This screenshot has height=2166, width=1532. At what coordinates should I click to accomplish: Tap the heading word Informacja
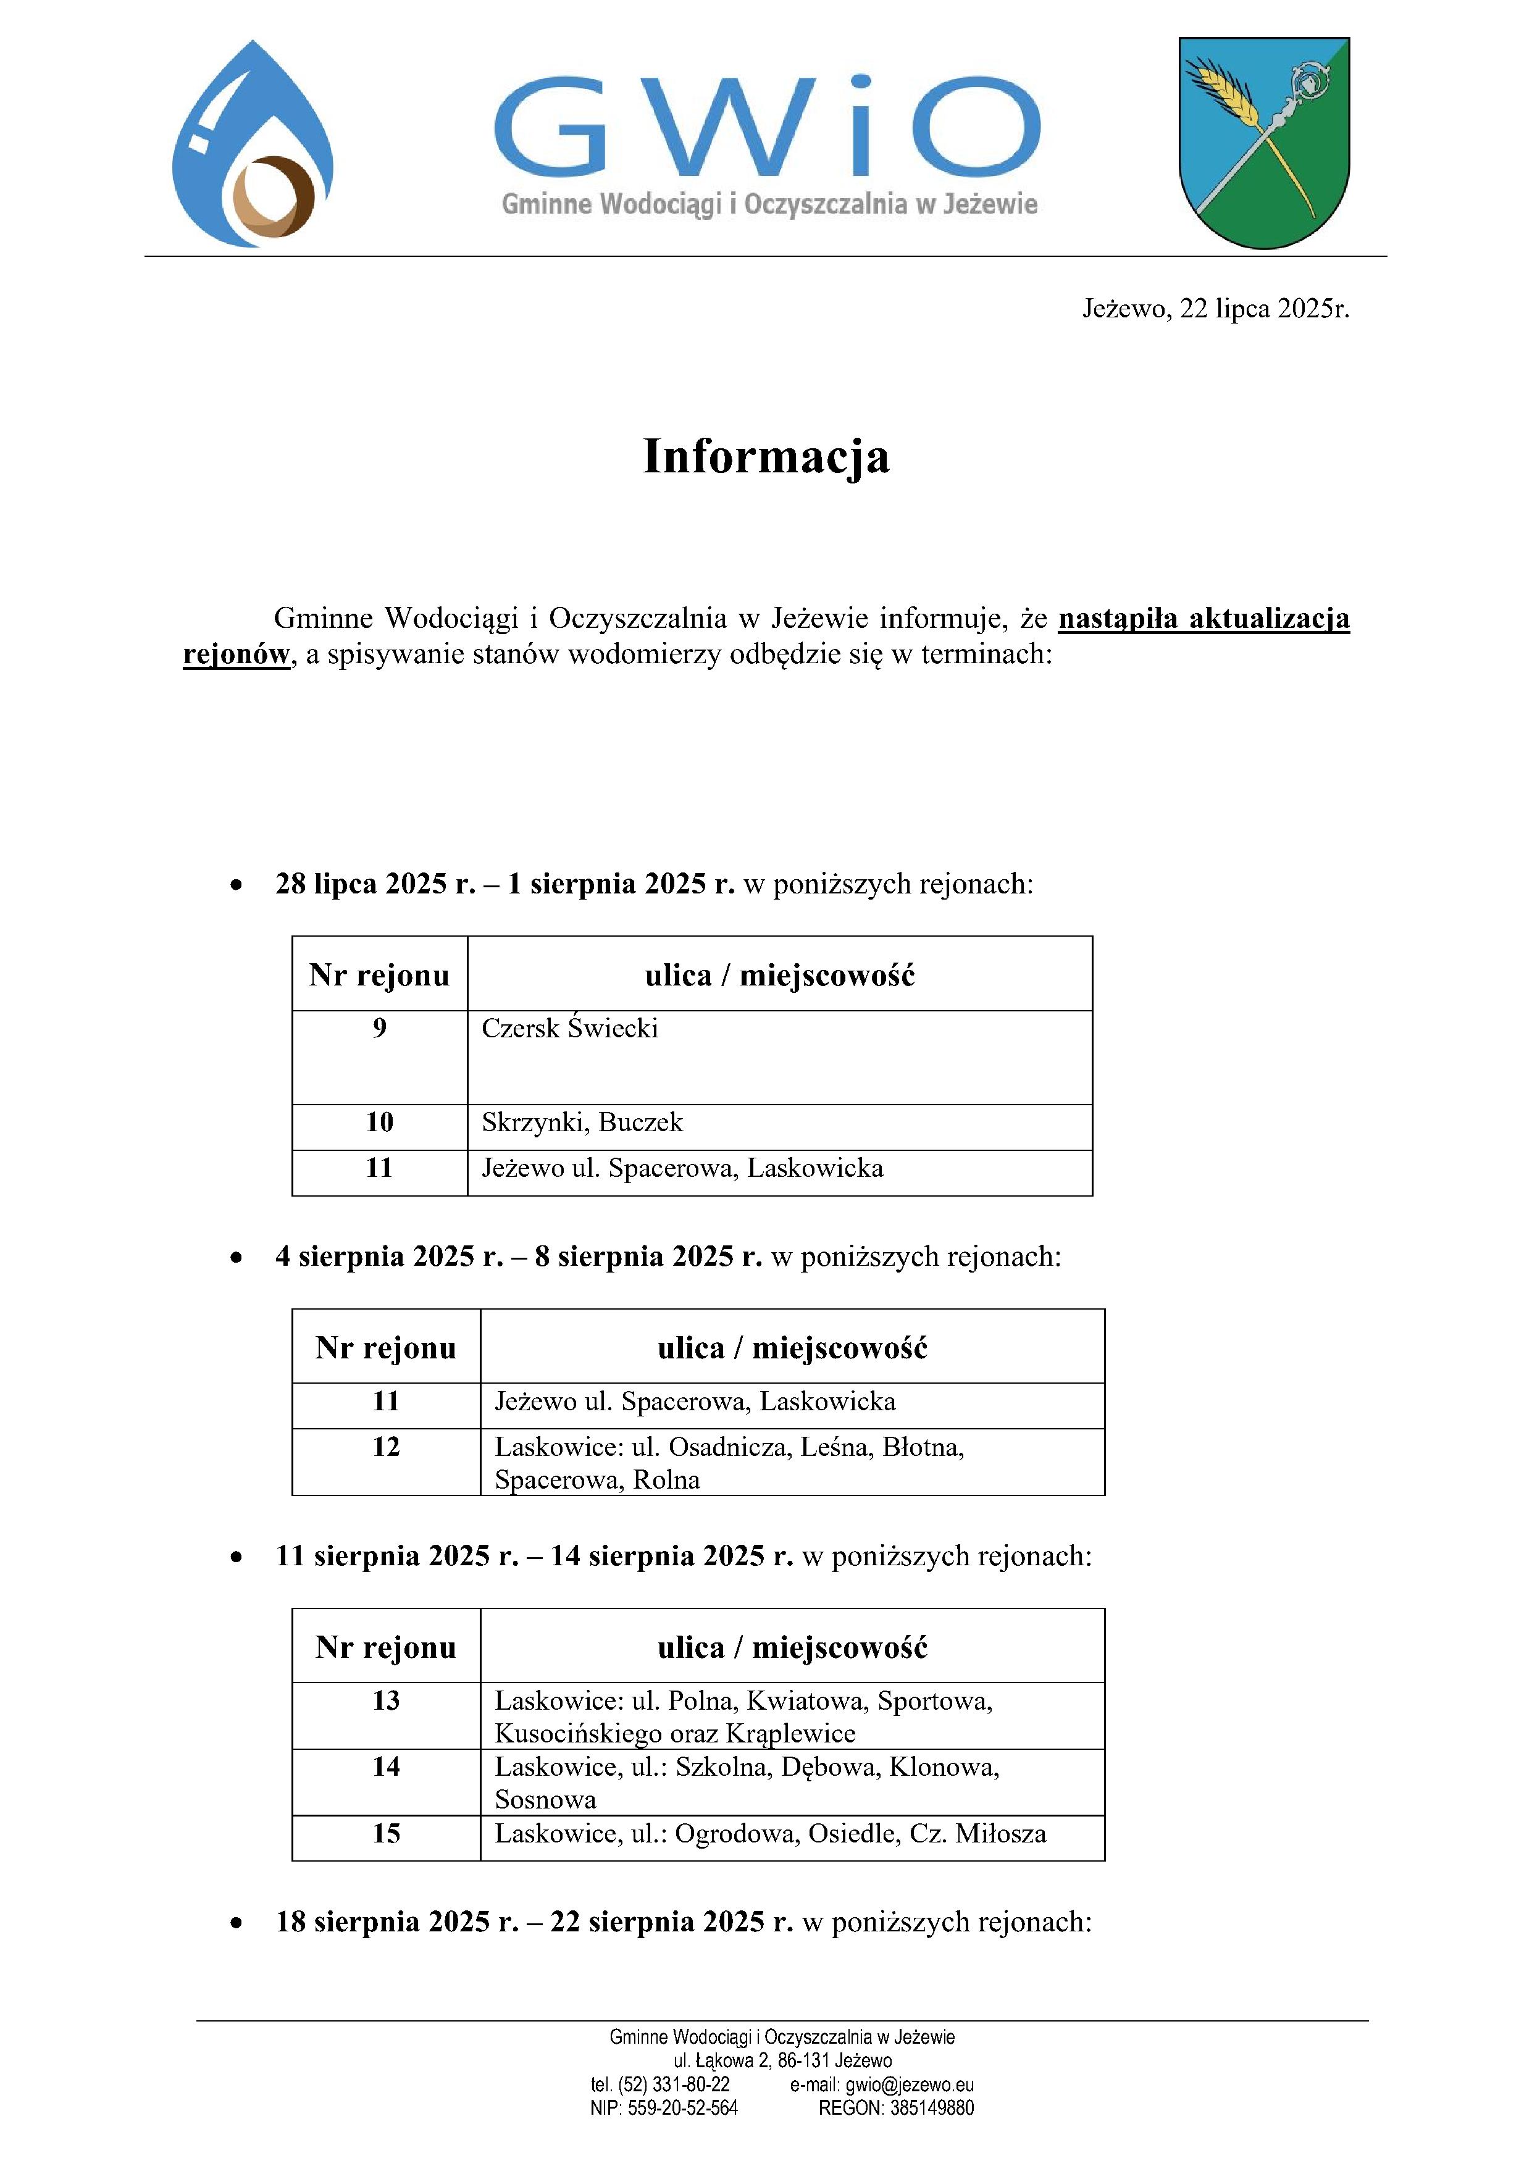tap(766, 456)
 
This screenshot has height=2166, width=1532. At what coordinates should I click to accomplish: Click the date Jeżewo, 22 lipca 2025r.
tap(1215, 309)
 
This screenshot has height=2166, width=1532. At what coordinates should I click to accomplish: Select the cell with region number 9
tap(379, 1028)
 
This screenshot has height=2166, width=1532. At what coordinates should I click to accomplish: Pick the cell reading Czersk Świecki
tap(570, 1028)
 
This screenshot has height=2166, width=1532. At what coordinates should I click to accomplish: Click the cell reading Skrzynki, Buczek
tap(582, 1123)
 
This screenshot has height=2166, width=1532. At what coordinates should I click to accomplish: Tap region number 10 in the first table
tap(379, 1123)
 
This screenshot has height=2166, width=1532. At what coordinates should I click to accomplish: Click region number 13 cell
tap(386, 1701)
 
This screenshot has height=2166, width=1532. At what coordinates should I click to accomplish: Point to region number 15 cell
tap(386, 1834)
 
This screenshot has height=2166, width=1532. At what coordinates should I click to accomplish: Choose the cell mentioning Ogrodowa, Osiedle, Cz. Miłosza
tap(770, 1834)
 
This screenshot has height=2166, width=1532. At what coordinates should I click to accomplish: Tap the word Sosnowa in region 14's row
tap(545, 1800)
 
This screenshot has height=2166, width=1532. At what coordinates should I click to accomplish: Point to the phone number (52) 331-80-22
tap(674, 2085)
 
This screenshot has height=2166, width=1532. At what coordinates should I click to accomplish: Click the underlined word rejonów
tap(236, 654)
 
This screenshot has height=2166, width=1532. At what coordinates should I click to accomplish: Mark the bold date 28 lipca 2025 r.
tap(375, 884)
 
